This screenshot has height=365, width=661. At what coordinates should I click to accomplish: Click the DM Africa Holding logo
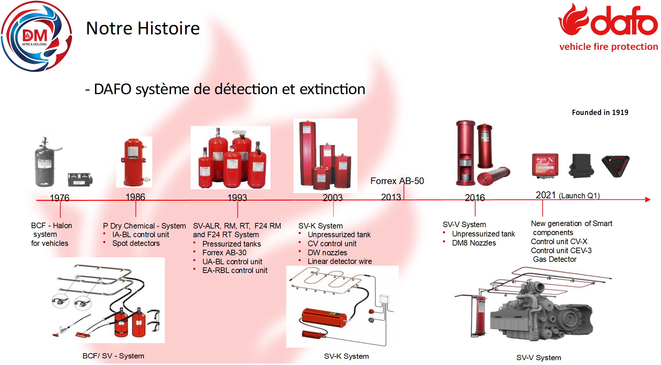click(37, 36)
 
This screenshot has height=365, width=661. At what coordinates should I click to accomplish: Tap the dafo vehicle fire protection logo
click(608, 27)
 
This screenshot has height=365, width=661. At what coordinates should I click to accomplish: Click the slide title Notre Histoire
click(143, 28)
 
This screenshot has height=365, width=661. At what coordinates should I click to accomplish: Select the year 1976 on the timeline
click(59, 198)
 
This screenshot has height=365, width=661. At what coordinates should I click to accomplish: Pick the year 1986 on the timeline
click(135, 197)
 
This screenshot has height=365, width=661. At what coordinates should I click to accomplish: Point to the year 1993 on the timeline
click(237, 198)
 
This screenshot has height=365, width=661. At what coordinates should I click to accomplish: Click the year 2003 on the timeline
click(333, 198)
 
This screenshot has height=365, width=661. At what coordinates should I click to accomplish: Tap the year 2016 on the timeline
click(475, 198)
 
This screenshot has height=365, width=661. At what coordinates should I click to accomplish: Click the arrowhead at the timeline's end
click(647, 199)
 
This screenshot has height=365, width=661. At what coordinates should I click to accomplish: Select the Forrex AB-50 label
click(397, 181)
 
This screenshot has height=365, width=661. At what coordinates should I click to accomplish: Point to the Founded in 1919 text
click(600, 113)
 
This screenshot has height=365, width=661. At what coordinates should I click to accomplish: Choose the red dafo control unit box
click(545, 165)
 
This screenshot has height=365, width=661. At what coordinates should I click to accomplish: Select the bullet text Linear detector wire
click(340, 261)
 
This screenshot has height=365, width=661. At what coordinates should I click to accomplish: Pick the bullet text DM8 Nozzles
click(474, 243)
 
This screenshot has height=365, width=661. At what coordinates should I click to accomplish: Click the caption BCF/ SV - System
click(113, 356)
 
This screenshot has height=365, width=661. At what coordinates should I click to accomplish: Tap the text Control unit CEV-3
click(561, 250)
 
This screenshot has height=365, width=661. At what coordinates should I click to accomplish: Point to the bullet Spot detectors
click(136, 243)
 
